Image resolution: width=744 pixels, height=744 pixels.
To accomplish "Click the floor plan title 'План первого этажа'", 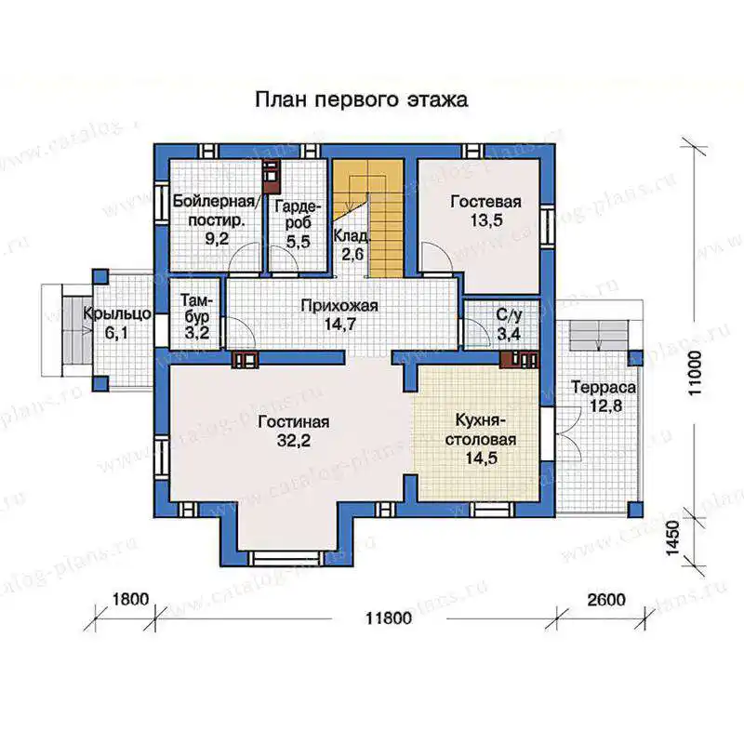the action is click(362, 100).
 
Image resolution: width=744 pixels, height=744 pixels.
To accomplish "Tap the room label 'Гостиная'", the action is click(294, 422).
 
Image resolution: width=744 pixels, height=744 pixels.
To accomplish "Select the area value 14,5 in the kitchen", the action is click(481, 458).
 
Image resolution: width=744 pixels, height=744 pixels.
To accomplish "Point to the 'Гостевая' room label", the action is click(485, 202).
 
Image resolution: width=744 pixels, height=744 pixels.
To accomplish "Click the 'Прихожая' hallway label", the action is click(339, 306).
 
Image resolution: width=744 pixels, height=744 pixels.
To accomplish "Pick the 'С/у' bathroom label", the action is click(509, 314).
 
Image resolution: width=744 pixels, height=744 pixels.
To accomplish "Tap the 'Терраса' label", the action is click(604, 388).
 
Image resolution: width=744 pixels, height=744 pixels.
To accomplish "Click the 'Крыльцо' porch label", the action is click(117, 314).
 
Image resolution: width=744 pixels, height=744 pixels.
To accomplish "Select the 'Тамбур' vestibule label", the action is click(195, 309).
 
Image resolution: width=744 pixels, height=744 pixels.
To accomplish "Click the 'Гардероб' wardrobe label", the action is click(298, 215).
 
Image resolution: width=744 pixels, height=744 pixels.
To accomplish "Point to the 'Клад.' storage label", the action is click(351, 236).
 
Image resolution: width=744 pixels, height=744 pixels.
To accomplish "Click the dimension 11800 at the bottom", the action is click(389, 618).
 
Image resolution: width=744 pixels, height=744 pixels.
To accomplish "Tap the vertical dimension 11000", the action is click(695, 373).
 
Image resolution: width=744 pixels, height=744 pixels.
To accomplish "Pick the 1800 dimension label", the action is click(130, 599).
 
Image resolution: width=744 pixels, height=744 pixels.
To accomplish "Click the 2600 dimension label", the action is click(606, 600).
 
